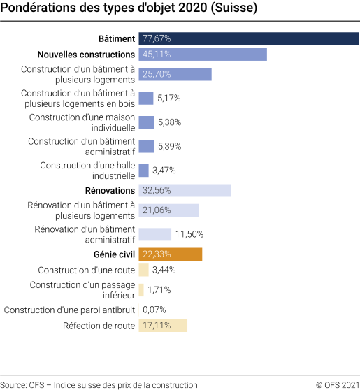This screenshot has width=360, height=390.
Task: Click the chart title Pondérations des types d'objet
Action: coord(129,10)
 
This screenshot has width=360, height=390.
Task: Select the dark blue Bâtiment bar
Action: coord(248,38)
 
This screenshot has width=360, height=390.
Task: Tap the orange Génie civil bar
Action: coord(171,254)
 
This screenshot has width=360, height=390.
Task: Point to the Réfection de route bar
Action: coord(163,325)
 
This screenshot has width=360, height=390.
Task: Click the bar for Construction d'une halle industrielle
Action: coord(144,171)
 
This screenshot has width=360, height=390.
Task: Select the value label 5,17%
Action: coord(169,99)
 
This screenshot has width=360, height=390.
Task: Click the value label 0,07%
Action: coord(154,309)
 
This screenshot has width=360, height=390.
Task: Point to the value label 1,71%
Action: coord(159,289)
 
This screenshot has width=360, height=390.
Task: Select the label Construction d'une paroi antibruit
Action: coord(69,309)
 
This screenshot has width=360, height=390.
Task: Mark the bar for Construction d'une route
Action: coord(143,270)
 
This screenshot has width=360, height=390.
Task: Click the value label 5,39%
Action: coord(169,146)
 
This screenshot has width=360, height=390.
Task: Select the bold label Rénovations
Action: coord(110,190)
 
